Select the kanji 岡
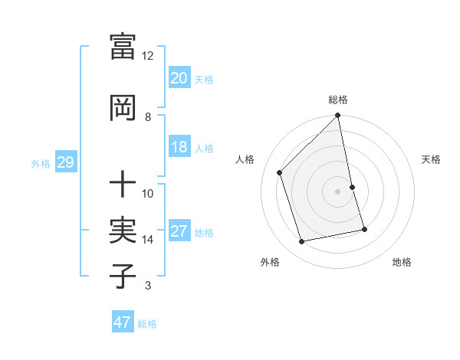(x=123, y=108)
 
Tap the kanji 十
(x=123, y=185)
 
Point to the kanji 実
(x=123, y=231)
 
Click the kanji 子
(x=123, y=277)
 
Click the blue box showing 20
(x=179, y=77)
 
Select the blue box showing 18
(x=179, y=147)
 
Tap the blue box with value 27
(x=179, y=231)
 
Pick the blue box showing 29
(x=65, y=162)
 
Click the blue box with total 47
(x=123, y=322)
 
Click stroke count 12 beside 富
(x=148, y=56)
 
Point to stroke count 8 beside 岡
(x=148, y=117)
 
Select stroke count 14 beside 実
(x=148, y=240)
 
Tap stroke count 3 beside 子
(x=148, y=286)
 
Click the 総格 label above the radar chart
(x=338, y=100)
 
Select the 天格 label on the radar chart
(x=431, y=159)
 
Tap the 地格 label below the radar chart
(x=402, y=262)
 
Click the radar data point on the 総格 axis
(x=338, y=116)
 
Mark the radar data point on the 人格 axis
(x=280, y=172)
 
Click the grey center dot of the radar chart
(x=338, y=191)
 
